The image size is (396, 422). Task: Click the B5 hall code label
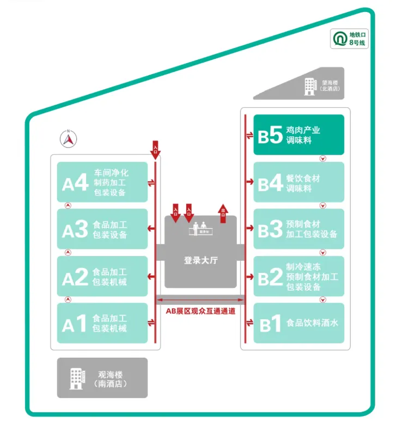pyautogui.click(x=270, y=135)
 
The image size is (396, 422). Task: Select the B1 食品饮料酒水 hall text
pyautogui.click(x=313, y=323)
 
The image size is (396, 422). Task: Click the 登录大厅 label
pyautogui.click(x=200, y=260)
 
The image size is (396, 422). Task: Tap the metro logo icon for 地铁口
pyautogui.click(x=340, y=39)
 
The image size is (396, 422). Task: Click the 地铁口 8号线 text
pyautogui.click(x=357, y=39)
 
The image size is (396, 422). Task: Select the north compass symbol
pyautogui.click(x=69, y=139)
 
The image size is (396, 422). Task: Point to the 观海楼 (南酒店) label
pyautogui.click(x=110, y=378)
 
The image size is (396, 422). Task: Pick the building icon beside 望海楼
pyautogui.click(x=310, y=85)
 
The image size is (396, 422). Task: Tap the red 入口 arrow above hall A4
pyautogui.click(x=156, y=149)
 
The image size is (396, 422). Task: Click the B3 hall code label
pyautogui.click(x=270, y=230)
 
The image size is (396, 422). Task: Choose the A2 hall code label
pyautogui.click(x=75, y=277)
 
